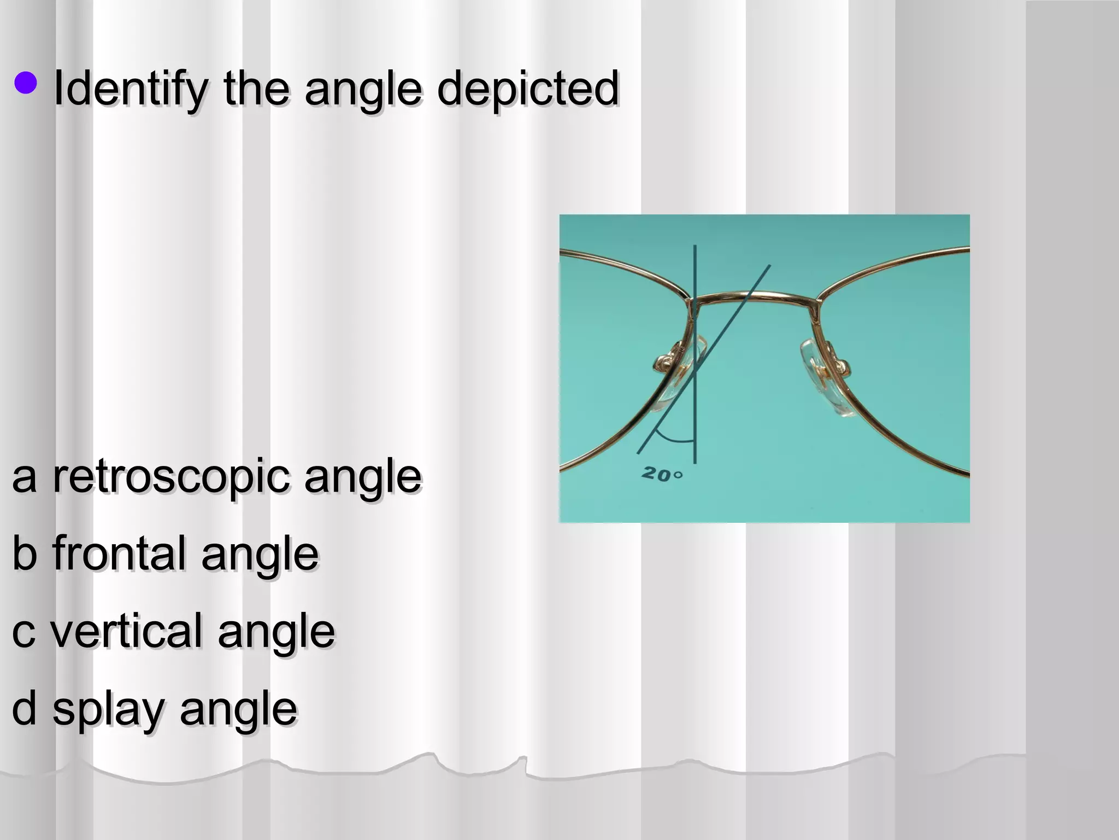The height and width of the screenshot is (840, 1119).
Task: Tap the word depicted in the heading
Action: (528, 89)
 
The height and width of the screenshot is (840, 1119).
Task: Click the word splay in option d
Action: (108, 709)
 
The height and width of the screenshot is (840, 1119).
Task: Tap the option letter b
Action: (25, 553)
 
